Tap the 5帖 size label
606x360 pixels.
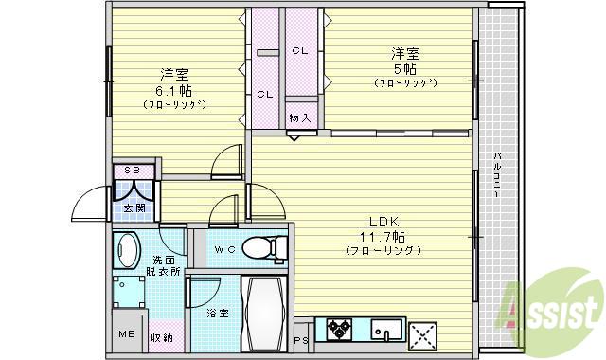pos(404,68)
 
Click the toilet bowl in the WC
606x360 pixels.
pos(266,248)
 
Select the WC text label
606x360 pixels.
pos(224,249)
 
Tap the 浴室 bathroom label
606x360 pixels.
pos(217,313)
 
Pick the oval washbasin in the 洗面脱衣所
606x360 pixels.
pos(128,252)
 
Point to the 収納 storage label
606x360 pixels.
pos(161,336)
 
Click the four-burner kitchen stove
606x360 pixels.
pos(340,331)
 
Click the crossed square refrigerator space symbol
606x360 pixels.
pos(421,334)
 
